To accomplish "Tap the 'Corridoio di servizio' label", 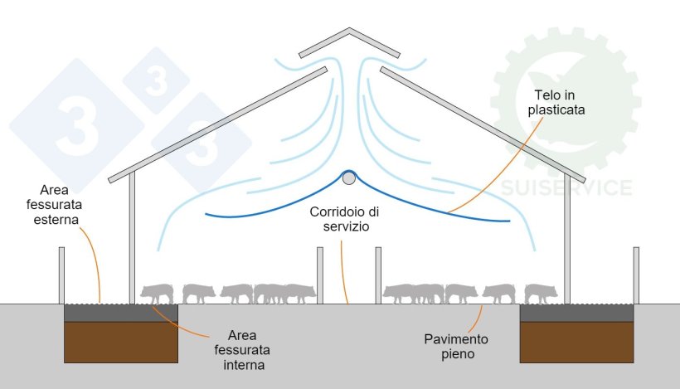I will point(344,219).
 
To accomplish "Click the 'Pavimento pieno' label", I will point(456,347).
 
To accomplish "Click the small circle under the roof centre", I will point(349,177).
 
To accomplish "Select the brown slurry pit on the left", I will point(121,341).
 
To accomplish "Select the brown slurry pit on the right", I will point(577,341).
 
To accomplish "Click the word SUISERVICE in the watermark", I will point(566,187).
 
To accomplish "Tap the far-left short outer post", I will point(61,275).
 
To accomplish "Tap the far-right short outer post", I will point(636,275).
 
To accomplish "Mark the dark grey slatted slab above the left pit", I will point(121,313).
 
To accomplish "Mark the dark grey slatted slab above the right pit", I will point(577,313).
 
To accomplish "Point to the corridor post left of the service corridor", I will point(320,275).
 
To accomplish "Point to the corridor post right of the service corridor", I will point(377,275).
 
